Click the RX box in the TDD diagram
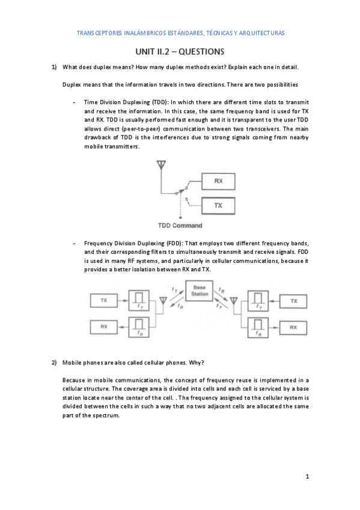tap(218, 180)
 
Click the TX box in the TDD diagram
tap(218, 206)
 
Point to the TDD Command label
tap(180, 226)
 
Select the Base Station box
tap(200, 291)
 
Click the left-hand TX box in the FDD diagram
tap(103, 300)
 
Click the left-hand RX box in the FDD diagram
tap(103, 327)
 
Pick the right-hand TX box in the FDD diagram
tap(293, 300)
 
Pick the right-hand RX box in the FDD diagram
tap(293, 327)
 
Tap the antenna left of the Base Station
tap(163, 300)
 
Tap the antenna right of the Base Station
tap(234, 300)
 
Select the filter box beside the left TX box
tap(139, 300)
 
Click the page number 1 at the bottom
tap(307, 477)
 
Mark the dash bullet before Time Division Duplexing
tap(73, 103)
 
